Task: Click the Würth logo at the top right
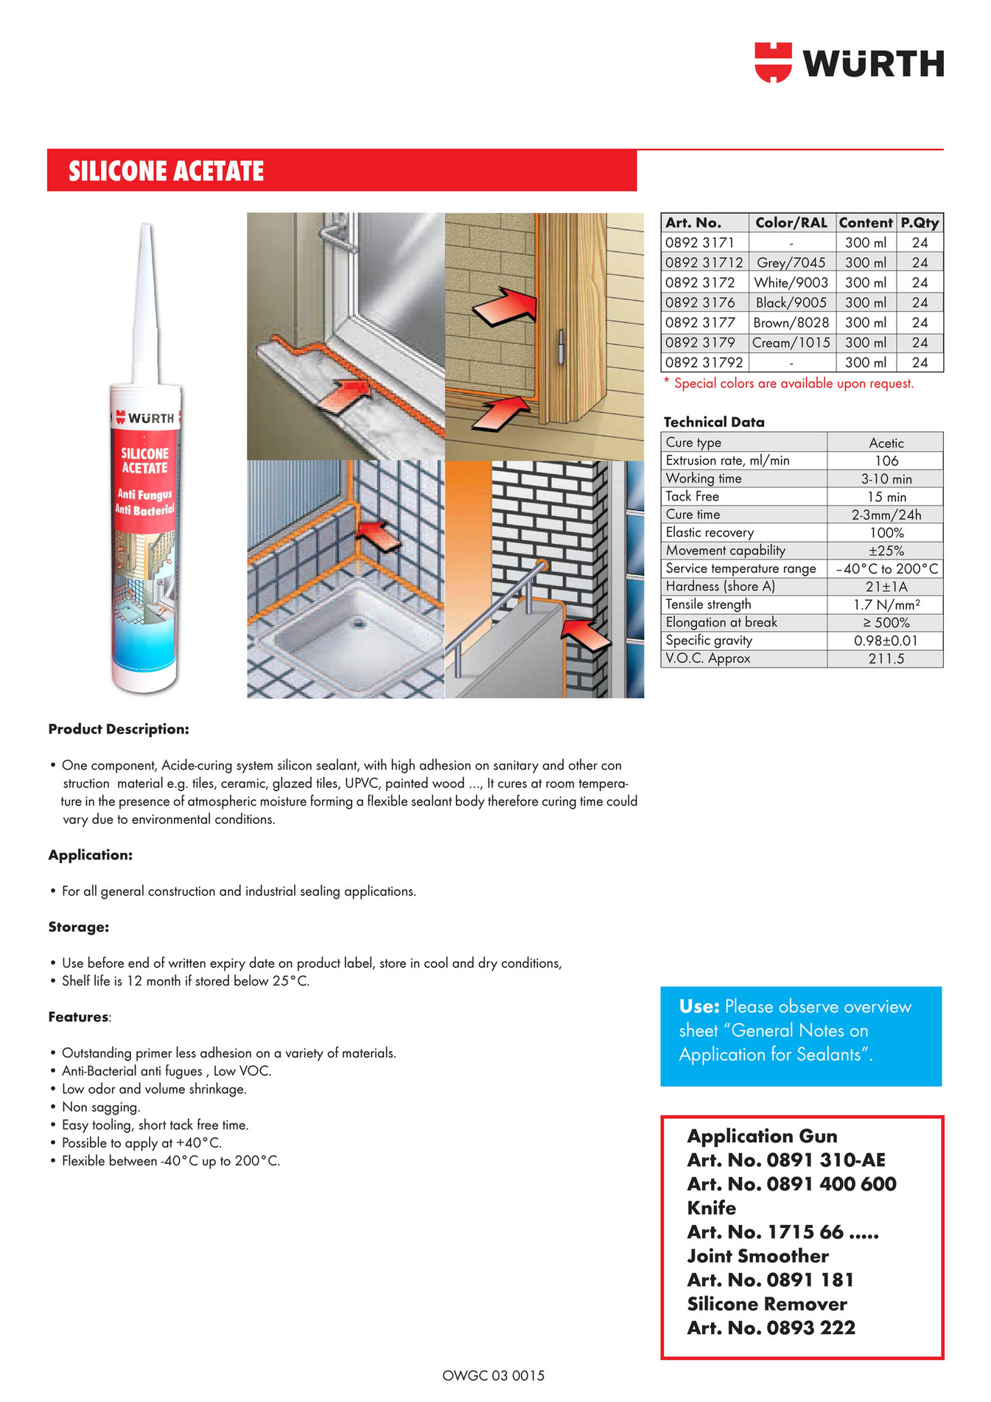(x=849, y=63)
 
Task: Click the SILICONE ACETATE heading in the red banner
(x=167, y=171)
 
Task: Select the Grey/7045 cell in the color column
(x=791, y=262)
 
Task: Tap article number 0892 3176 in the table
(x=700, y=302)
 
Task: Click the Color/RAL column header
(x=791, y=223)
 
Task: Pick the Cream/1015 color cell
(x=791, y=343)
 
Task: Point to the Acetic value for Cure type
(x=886, y=443)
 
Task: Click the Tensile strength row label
(x=708, y=604)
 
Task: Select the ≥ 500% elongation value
(x=886, y=623)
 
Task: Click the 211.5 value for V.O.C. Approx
(x=886, y=659)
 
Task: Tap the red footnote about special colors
(x=788, y=383)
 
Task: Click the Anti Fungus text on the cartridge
(x=144, y=494)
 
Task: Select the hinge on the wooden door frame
(x=561, y=346)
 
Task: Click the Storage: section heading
(x=79, y=927)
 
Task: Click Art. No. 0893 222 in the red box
(x=771, y=1328)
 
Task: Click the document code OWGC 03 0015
(x=493, y=1375)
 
